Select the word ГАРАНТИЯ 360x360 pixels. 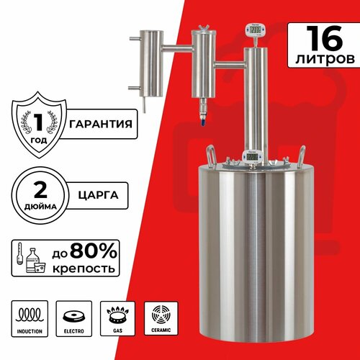click(102, 123)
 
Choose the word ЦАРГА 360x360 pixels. click(91, 193)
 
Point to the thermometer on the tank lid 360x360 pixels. click(253, 155)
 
